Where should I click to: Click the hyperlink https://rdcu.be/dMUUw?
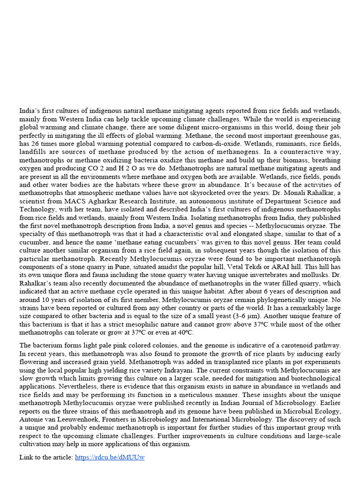pyautogui.click(x=110, y=457)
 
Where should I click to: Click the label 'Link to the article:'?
pyautogui.click(x=46, y=457)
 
